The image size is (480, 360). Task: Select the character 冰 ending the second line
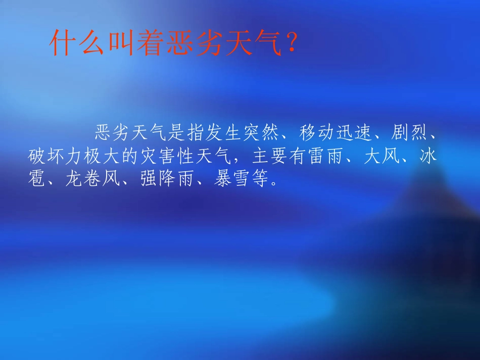click(428, 157)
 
